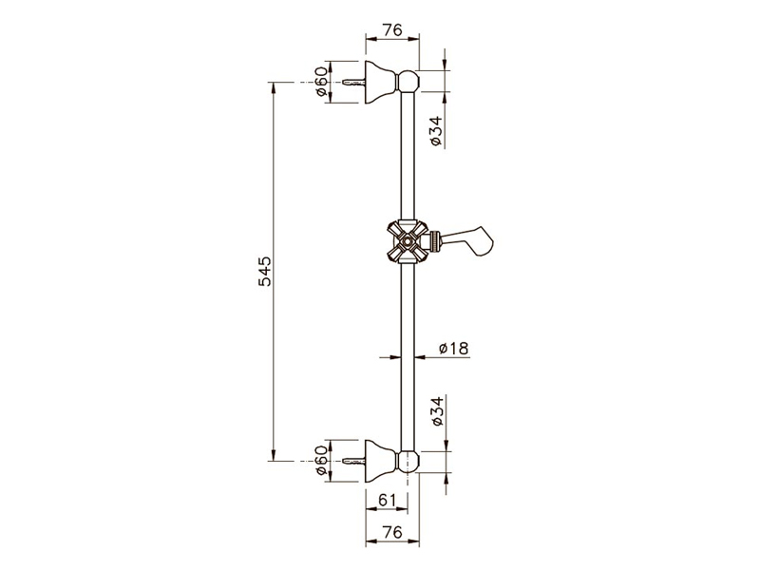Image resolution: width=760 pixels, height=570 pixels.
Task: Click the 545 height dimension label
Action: (x=265, y=272)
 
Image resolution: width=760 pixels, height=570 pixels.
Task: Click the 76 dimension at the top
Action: (x=392, y=30)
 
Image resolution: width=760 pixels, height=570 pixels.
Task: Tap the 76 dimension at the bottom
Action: (x=392, y=532)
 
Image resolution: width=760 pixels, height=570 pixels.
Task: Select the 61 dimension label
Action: (x=387, y=500)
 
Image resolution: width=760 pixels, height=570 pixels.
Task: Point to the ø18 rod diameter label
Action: (x=453, y=348)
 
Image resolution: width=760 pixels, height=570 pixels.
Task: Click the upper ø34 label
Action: (x=436, y=131)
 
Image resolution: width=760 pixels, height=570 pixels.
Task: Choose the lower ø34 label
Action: (x=436, y=411)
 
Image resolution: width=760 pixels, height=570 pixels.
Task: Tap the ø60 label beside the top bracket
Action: (x=321, y=82)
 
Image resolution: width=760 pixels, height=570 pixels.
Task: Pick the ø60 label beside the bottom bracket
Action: (x=321, y=461)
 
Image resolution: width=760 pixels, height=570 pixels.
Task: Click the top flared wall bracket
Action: (x=381, y=82)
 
